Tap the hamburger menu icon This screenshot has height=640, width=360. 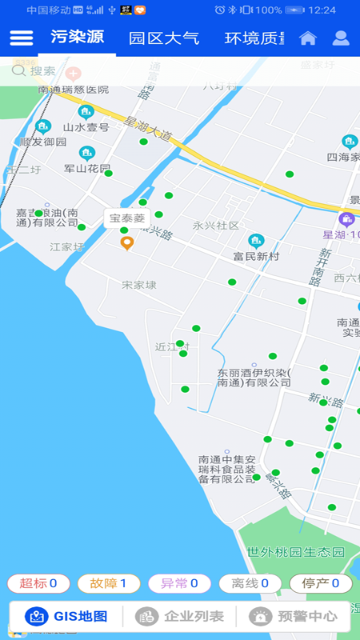(x=22, y=38)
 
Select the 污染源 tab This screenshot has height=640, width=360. (x=77, y=38)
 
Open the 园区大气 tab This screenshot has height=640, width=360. (x=164, y=38)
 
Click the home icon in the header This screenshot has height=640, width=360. (x=308, y=38)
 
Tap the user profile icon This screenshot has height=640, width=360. (x=342, y=38)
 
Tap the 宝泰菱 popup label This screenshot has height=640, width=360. (x=127, y=218)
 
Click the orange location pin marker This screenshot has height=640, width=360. (x=126, y=243)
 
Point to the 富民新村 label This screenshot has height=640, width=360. (x=256, y=256)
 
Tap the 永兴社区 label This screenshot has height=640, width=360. (x=216, y=226)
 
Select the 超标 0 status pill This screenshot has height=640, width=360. (x=38, y=584)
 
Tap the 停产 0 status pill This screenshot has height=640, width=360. (x=320, y=584)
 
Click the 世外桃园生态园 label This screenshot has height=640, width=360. (x=295, y=553)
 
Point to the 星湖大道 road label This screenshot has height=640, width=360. (x=148, y=130)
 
